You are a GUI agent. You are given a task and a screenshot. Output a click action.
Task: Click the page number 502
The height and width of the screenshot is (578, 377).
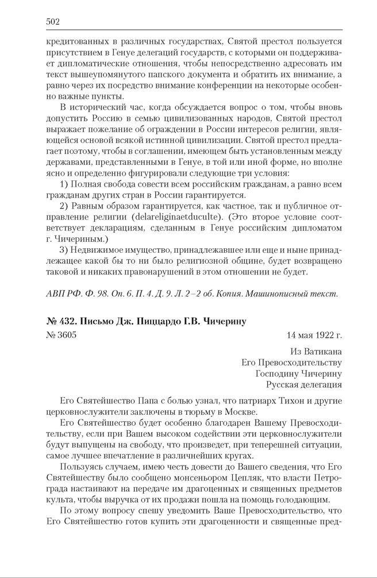coord(53,22)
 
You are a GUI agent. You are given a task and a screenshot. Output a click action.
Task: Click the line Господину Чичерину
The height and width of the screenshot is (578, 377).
coord(299,373)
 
